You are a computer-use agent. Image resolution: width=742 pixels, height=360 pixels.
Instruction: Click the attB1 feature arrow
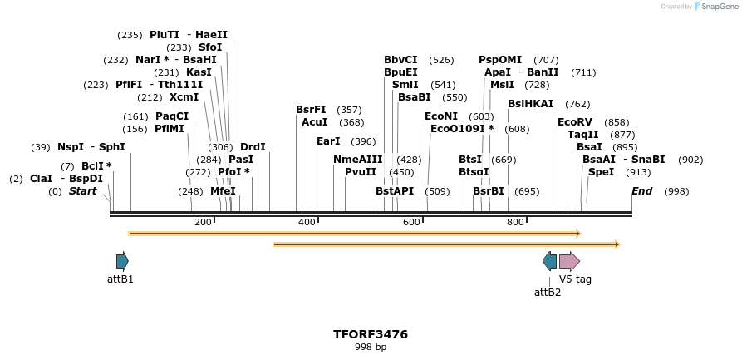122,261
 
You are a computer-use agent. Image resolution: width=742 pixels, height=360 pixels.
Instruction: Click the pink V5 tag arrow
569,261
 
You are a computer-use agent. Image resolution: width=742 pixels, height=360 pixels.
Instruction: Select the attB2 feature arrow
549,261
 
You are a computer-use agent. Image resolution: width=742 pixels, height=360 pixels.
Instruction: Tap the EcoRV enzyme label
575,122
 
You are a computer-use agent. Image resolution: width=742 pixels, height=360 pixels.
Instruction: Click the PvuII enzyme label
361,172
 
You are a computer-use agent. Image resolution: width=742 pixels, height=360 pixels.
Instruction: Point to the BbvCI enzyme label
400,60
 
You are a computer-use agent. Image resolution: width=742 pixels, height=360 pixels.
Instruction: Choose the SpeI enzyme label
601,172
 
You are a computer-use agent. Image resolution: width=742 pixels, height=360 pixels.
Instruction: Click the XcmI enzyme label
184,97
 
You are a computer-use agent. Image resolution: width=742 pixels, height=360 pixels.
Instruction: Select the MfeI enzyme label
223,191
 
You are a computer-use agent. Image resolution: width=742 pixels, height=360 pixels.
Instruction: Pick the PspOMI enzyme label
500,60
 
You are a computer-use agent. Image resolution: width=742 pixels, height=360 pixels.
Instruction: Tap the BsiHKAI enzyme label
530,104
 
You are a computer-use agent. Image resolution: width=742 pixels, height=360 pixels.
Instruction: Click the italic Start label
82,191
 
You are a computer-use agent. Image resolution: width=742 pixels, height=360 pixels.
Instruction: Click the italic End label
641,191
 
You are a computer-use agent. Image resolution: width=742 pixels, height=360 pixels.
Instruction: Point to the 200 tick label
203,222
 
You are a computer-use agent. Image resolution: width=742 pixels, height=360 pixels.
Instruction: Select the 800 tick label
515,222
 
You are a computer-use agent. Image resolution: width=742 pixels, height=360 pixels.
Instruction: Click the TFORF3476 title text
371,334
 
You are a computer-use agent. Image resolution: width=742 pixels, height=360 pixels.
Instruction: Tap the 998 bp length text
371,347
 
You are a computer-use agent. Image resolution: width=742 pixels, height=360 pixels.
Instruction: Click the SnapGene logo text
719,7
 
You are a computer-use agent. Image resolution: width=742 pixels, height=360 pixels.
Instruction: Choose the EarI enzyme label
328,141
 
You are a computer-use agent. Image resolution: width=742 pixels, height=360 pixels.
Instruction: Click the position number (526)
441,60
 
